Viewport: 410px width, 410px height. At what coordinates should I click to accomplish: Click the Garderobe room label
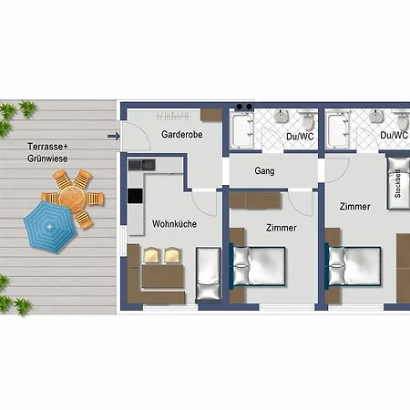point(182,134)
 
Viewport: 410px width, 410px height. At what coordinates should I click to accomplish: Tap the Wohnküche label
point(174,224)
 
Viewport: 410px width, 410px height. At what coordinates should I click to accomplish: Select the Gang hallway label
point(264,171)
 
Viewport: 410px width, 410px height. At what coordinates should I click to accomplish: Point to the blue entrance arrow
point(114,137)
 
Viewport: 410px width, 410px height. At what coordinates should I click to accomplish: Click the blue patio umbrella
point(50,227)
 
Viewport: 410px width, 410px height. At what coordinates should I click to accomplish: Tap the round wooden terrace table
point(73,199)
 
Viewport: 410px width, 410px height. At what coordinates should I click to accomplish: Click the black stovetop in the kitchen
point(135,196)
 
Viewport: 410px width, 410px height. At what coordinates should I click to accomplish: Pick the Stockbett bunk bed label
point(397,183)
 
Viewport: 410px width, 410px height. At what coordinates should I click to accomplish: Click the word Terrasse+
point(47,147)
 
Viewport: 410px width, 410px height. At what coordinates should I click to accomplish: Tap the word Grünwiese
point(47,159)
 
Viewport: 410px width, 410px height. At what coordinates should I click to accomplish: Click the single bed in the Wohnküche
point(208,273)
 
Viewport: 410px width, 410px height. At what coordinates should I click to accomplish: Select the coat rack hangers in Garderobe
point(173,116)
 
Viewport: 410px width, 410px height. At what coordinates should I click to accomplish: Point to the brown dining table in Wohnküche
point(163,276)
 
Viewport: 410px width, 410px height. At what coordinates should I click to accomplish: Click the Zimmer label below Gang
point(282,228)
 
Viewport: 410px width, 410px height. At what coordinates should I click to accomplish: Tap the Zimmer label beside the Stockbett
point(354,207)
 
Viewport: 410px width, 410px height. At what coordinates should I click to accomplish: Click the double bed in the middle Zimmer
point(258,266)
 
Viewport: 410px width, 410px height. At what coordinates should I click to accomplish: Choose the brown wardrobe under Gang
point(255,200)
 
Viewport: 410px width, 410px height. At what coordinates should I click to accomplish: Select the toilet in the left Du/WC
point(308,119)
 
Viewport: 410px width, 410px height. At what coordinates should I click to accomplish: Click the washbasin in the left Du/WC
point(282,117)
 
